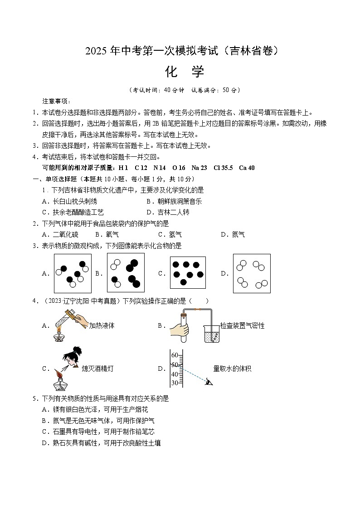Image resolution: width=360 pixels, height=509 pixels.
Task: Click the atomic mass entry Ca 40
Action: click(x=247, y=168)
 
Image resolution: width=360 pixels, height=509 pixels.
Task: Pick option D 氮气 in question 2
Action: click(x=233, y=234)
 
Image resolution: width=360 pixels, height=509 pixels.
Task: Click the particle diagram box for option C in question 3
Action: click(x=189, y=273)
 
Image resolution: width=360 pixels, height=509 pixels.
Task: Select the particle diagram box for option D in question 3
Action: click(x=252, y=273)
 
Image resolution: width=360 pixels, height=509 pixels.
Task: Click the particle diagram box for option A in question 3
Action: click(x=73, y=273)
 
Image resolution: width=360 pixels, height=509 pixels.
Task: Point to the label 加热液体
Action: click(x=102, y=325)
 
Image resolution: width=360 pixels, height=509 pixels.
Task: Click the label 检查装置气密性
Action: click(x=242, y=325)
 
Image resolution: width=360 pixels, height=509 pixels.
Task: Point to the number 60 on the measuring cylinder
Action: click(x=174, y=355)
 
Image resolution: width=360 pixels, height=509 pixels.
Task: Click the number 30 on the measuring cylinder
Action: click(x=174, y=383)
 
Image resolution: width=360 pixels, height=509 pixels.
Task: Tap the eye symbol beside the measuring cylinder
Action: click(x=209, y=382)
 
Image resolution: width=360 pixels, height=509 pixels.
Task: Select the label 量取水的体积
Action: click(x=232, y=368)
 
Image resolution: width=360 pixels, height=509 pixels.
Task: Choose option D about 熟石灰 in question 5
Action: click(x=101, y=443)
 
